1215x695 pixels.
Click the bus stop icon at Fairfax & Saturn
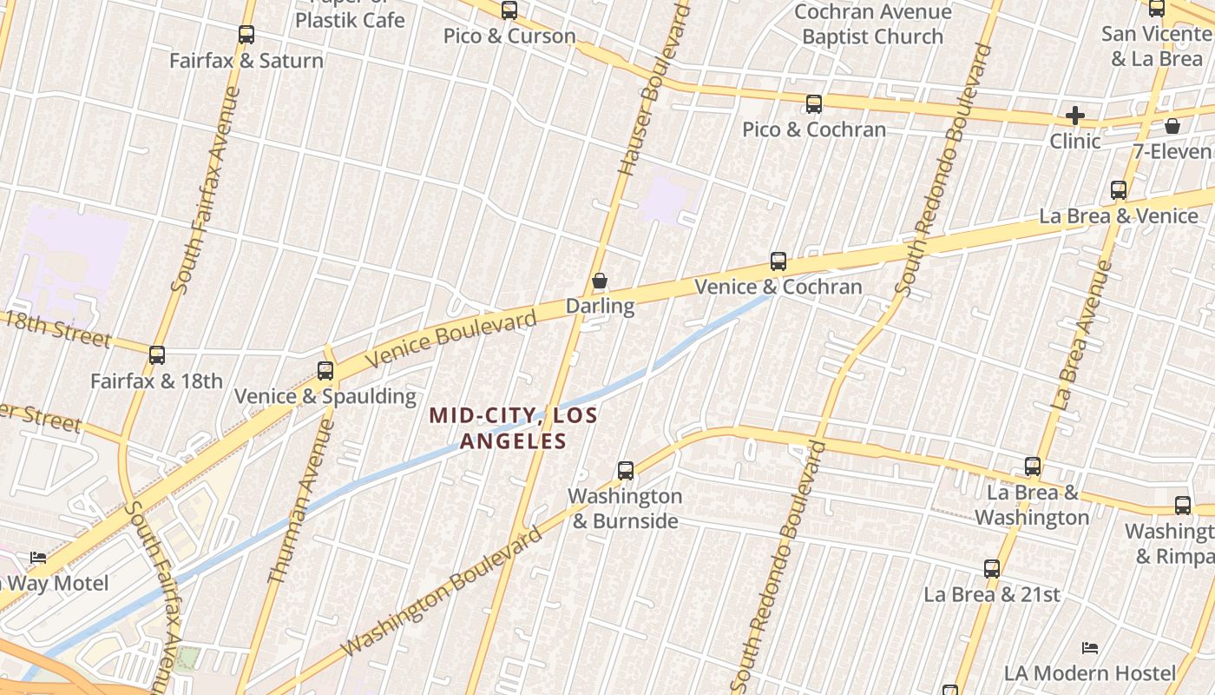[246, 35]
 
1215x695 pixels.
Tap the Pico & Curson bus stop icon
[509, 10]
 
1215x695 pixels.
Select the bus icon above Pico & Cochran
[814, 104]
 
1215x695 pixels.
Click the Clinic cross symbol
[1075, 115]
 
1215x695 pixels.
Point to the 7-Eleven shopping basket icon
[1172, 126]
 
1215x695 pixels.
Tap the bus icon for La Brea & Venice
[1119, 190]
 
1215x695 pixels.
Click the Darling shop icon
[600, 281]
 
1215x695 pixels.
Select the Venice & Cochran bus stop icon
[778, 261]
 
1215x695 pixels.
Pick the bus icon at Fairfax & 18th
[157, 355]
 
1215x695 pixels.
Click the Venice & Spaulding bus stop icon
[325, 371]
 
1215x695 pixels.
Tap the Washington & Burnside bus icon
[626, 471]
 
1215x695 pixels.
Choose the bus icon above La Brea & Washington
[1033, 467]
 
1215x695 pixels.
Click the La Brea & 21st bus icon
[992, 569]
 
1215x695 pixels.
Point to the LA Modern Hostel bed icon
[1090, 648]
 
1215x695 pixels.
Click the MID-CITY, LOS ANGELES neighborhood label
[514, 428]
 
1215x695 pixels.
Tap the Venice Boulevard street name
[451, 339]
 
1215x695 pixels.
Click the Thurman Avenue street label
[301, 502]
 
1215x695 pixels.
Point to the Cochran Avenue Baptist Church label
[872, 24]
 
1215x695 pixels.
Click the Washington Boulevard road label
[443, 593]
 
